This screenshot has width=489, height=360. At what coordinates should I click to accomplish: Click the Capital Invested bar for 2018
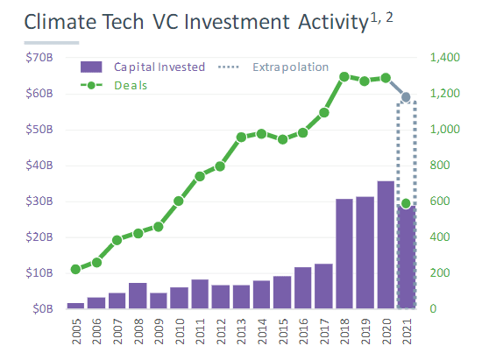pyautogui.click(x=344, y=254)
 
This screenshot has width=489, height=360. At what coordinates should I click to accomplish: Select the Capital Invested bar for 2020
pyautogui.click(x=386, y=245)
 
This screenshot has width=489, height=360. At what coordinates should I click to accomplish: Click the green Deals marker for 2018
pyautogui.click(x=344, y=76)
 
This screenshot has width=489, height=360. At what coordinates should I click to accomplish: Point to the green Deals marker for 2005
pyautogui.click(x=75, y=269)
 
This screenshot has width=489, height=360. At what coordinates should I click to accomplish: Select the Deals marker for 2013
pyautogui.click(x=241, y=138)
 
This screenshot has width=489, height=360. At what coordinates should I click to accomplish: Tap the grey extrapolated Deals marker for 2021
pyautogui.click(x=406, y=96)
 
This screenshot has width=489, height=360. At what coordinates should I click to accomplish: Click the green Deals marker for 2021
pyautogui.click(x=406, y=203)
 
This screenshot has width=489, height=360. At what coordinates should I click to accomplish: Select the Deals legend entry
pyautogui.click(x=114, y=85)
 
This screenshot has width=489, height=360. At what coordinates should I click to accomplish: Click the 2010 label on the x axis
pyautogui.click(x=179, y=330)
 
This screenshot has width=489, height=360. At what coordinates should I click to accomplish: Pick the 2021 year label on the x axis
pyautogui.click(x=407, y=330)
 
